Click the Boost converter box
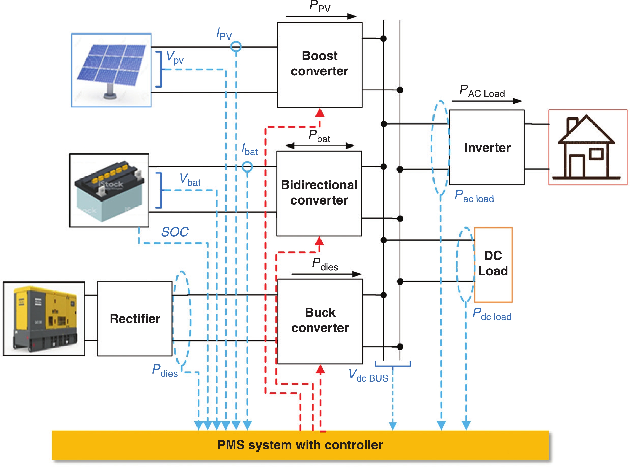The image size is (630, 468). point(319,65)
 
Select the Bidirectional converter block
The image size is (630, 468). point(319,193)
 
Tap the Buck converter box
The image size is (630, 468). point(320,321)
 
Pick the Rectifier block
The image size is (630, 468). point(135,318)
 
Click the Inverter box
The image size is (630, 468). point(487,147)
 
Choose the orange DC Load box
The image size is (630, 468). point(493,265)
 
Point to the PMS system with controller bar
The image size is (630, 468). point(300,445)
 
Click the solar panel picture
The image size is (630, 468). point(111,70)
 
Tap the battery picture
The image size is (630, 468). point(109,190)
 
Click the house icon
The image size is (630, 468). point(588,147)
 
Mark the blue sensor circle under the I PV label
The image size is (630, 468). point(236,46)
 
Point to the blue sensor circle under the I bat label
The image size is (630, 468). point(247,167)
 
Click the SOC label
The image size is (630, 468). point(175,232)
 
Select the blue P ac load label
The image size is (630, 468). point(474,196)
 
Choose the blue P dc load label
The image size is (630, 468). point(492,314)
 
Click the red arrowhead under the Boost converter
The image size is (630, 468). point(320,113)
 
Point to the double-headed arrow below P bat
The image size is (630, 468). point(319,146)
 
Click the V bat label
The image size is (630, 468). point(190,180)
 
